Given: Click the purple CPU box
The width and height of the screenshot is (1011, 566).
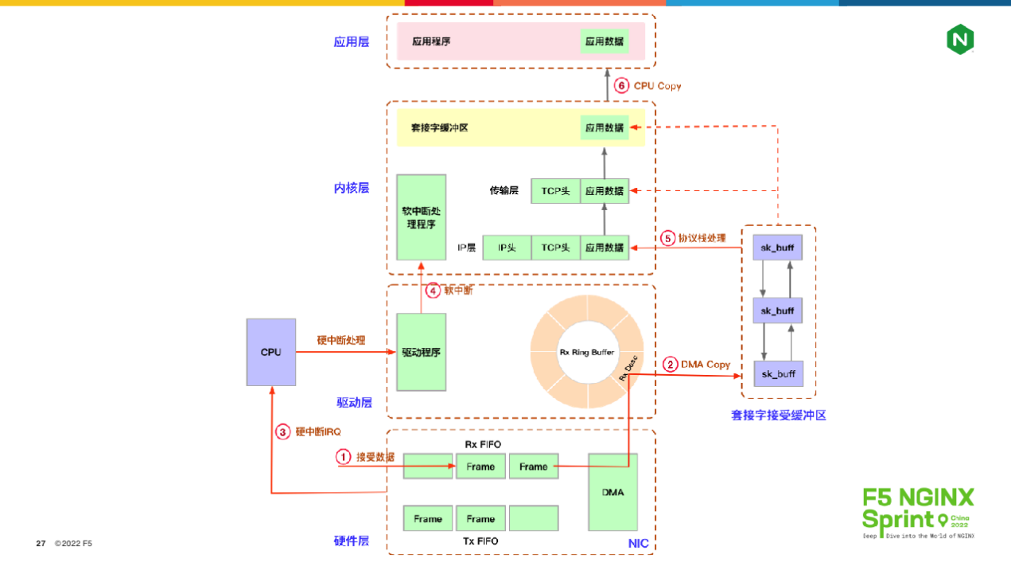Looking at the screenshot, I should click(270, 352).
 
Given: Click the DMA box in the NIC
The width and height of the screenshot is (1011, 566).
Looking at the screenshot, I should click(612, 492).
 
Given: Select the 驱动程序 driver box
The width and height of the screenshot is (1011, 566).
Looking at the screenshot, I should click(421, 352).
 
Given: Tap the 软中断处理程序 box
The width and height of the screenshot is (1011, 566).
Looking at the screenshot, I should click(421, 217).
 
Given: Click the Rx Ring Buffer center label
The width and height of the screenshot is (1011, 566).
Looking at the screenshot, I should click(587, 352).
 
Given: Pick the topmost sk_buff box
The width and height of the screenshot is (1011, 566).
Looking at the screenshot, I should click(777, 248).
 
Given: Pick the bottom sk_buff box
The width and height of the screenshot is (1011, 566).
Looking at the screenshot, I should click(778, 373).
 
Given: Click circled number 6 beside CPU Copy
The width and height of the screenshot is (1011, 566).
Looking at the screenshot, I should click(621, 85).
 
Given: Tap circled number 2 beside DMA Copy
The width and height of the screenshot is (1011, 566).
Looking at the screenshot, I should click(670, 364).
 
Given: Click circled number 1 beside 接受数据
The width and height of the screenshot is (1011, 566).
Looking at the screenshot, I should click(343, 457).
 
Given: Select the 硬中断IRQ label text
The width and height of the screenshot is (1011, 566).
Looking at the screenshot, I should click(318, 431).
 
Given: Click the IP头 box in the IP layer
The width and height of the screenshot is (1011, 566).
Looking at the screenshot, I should click(507, 248).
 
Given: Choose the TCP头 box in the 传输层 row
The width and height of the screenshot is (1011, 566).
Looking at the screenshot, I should click(555, 190).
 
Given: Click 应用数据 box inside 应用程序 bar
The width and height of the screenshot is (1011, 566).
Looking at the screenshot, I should click(605, 41).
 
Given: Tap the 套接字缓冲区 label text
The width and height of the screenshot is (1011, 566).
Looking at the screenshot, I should click(439, 127).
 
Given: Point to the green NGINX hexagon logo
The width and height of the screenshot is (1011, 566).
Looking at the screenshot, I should click(960, 39).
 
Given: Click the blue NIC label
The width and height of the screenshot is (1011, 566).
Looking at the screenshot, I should click(638, 544).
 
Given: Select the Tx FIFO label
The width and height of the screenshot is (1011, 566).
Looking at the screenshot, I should click(480, 541).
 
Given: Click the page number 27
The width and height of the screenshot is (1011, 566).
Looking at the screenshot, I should click(41, 544).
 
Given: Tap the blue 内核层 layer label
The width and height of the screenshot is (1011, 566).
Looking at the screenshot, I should click(351, 188).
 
